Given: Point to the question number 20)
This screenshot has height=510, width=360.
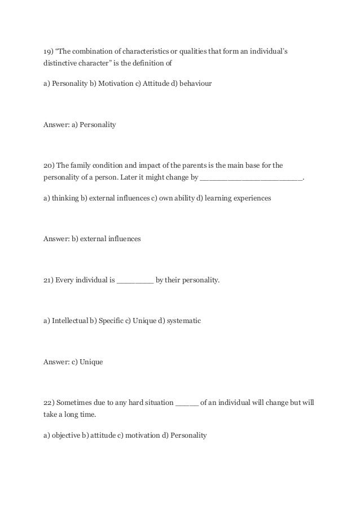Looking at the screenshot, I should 49,165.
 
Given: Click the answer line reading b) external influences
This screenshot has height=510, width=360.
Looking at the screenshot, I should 92,239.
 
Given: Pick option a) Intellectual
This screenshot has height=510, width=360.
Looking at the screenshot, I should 65,321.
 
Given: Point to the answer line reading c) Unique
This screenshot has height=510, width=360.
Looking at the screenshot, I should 73,361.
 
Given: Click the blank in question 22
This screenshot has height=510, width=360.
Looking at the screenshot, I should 187,403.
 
